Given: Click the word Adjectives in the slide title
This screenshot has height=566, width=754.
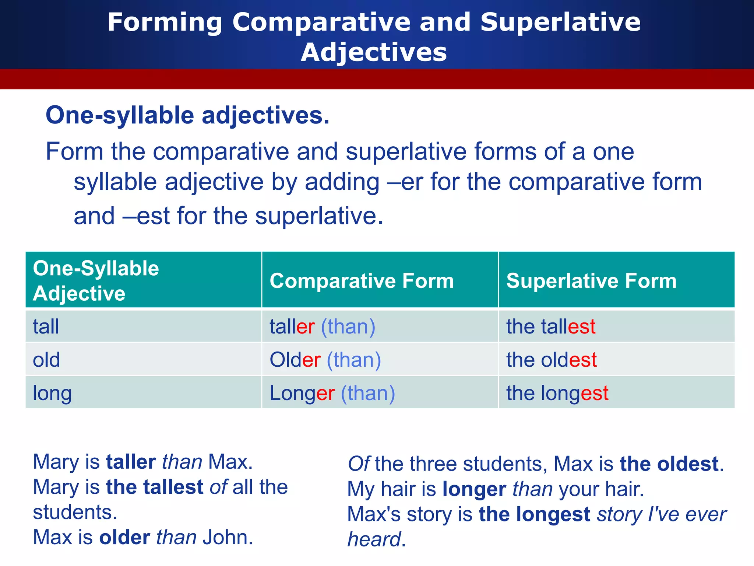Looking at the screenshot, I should tap(374, 52).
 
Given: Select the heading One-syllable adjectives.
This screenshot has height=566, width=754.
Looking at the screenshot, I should tap(187, 115).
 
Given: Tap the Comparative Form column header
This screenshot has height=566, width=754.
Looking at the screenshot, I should tap(362, 281).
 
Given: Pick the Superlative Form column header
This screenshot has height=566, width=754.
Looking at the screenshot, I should tap(591, 281).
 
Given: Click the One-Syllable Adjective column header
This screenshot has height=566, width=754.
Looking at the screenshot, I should tap(96, 280).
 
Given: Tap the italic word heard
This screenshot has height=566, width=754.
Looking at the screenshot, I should tap(374, 539).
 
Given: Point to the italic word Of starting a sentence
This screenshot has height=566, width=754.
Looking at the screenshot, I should tap(359, 464).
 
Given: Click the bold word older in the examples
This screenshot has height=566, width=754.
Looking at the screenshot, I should tap(124, 537).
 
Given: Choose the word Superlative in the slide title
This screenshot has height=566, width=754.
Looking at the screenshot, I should tap(560, 22).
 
